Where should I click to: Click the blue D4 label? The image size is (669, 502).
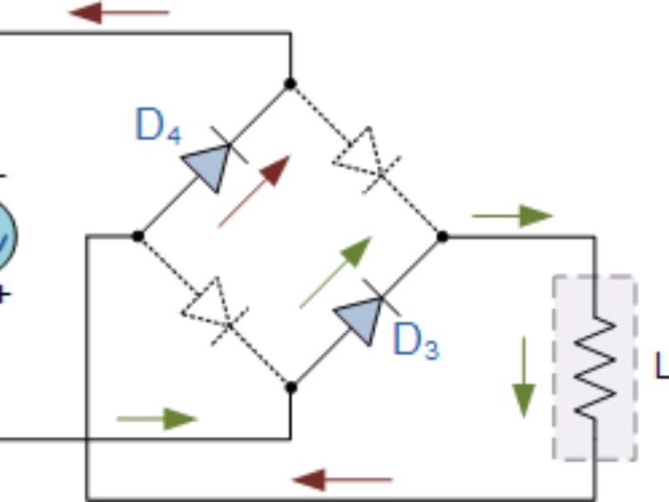(x=159, y=126)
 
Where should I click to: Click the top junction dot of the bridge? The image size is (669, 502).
(x=290, y=84)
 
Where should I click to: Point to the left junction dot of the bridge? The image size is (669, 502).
(x=138, y=235)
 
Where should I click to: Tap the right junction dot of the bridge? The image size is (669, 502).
(x=443, y=235)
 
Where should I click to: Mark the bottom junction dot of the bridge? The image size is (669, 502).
(x=291, y=388)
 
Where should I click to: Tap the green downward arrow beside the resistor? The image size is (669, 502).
(x=524, y=376)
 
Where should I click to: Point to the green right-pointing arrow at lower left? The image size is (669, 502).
(x=157, y=418)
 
